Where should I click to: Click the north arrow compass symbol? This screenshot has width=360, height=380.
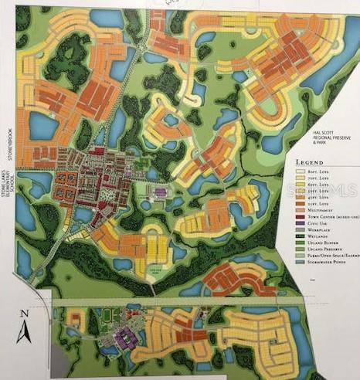(x=23, y=333)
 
